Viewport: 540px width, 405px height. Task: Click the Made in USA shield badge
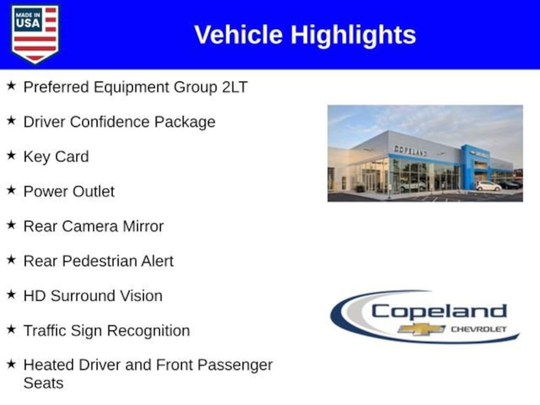(35, 34)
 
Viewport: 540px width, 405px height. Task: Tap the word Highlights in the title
(353, 35)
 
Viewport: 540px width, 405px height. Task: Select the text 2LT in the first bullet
(235, 87)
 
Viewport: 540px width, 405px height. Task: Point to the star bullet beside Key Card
(11, 156)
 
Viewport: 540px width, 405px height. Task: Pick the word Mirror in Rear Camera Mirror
(143, 226)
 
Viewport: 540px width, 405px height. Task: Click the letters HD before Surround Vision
(33, 296)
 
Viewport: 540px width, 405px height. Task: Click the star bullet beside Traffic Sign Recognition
(11, 330)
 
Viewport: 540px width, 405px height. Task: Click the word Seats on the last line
(43, 383)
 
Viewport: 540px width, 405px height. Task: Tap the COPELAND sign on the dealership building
(410, 150)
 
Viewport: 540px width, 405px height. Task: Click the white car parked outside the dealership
(488, 186)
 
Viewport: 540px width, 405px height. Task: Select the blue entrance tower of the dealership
(469, 166)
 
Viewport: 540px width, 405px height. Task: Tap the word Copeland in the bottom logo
(439, 311)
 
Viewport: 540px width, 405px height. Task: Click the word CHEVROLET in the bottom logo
(478, 329)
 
